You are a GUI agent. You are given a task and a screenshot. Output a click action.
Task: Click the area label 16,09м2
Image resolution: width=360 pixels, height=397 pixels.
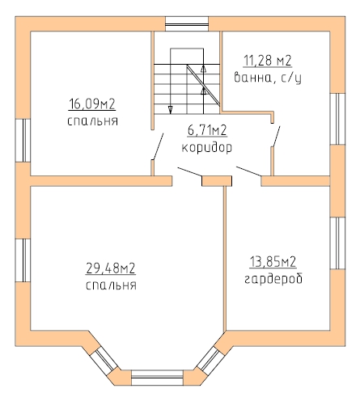(92, 104)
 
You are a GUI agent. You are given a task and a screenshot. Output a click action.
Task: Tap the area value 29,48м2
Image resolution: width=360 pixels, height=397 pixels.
(111, 268)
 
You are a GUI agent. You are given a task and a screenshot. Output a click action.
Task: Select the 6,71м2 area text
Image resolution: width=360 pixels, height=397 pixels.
(207, 130)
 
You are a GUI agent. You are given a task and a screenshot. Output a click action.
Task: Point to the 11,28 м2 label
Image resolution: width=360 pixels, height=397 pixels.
(268, 60)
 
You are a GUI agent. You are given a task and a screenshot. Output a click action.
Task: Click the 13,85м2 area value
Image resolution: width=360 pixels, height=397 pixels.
(273, 262)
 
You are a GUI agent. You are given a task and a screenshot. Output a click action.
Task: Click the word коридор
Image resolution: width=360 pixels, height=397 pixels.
(207, 148)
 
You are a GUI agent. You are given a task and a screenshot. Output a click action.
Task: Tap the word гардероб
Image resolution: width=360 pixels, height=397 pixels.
(273, 278)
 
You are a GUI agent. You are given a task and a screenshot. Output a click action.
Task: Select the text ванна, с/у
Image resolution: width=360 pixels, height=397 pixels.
(268, 78)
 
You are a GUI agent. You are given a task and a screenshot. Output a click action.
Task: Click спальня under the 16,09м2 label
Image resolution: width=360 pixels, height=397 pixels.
(92, 121)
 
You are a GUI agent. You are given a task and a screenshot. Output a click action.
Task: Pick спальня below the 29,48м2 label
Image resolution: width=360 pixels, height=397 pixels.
(111, 285)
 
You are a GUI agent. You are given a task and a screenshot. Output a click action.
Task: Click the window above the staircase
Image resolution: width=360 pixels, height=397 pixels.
(187, 24)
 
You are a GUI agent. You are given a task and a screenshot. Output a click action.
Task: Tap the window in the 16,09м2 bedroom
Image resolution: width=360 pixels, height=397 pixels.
(23, 141)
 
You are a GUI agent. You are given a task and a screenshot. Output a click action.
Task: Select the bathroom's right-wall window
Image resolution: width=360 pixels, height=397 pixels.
(337, 119)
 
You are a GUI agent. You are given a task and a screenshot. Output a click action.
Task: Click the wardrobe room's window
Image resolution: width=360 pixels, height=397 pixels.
(337, 243)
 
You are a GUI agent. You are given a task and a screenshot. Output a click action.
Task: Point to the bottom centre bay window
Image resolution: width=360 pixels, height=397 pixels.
(157, 378)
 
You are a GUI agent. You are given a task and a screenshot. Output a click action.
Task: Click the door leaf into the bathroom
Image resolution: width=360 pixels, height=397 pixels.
(276, 137)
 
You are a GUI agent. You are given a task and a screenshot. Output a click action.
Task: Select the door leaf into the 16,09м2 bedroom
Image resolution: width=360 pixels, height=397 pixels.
(158, 146)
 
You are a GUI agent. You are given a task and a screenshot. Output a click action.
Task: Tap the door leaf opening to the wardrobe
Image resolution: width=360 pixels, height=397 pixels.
(249, 171)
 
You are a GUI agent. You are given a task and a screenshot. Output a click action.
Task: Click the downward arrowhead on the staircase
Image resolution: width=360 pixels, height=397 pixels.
(171, 110)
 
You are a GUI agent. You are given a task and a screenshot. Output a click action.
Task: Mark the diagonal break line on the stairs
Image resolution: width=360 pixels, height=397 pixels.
(203, 85)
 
